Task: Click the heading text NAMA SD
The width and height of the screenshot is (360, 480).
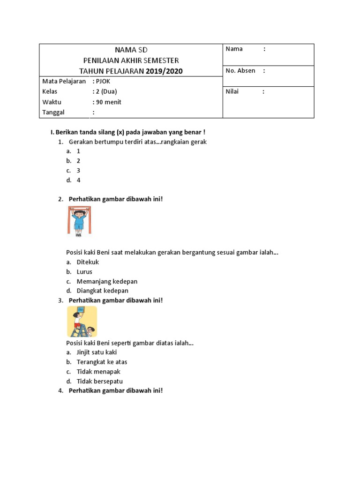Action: click(x=131, y=50)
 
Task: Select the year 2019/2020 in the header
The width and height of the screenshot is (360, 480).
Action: click(x=164, y=71)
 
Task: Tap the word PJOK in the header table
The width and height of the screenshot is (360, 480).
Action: click(x=102, y=81)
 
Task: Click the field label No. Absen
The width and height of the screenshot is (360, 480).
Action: click(x=240, y=71)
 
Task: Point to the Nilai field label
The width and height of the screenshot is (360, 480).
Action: click(x=232, y=91)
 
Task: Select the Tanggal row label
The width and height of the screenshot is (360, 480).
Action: click(x=53, y=112)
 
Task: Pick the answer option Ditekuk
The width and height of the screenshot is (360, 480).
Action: click(x=88, y=262)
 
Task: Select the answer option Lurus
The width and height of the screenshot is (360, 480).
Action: click(x=84, y=271)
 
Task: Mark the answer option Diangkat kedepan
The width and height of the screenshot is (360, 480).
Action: click(x=102, y=291)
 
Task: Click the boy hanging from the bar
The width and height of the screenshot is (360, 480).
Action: click(x=79, y=221)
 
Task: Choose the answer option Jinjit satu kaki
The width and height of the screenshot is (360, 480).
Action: click(x=97, y=352)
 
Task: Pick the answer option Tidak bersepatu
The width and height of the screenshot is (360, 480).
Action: click(x=99, y=381)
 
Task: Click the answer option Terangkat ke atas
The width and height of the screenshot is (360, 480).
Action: click(x=102, y=362)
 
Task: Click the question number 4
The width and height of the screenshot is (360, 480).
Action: click(x=60, y=390)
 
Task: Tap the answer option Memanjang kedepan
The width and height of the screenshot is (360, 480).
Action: click(x=107, y=281)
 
